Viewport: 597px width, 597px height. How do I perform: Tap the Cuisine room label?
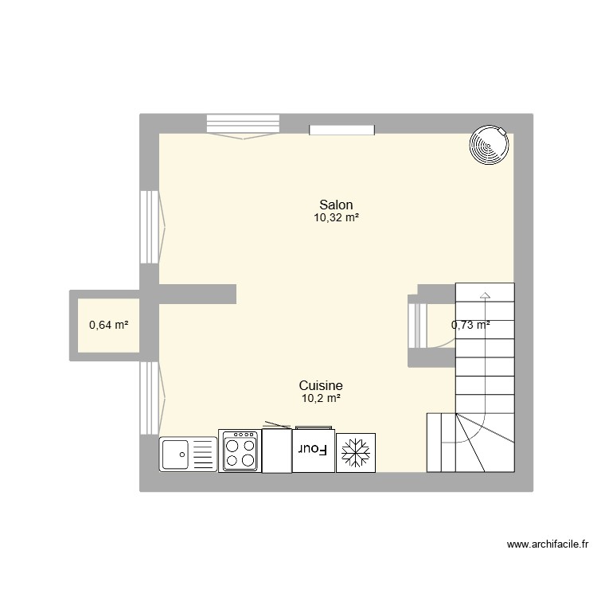[321, 385]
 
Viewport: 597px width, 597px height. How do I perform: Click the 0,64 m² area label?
[109, 325]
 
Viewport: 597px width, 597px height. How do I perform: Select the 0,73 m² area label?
[470, 325]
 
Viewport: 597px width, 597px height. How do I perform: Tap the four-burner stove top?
[240, 451]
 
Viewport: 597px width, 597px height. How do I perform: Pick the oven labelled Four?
[312, 451]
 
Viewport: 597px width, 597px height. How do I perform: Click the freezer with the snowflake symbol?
[356, 453]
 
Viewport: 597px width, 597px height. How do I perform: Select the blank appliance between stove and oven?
[276, 451]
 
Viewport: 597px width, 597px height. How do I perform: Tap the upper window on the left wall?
[150, 227]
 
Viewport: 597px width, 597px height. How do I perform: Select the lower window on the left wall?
[150, 398]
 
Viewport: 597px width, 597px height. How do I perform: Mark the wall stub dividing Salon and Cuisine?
[197, 293]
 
